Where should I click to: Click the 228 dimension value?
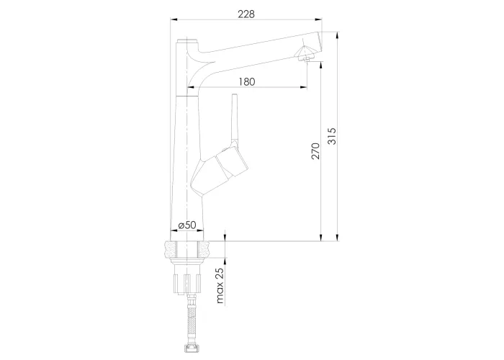tap(246, 14)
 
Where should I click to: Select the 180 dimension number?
tap(247, 82)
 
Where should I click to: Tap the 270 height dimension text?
tap(316, 151)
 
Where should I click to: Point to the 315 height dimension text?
tap(332, 136)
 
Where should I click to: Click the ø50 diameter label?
tap(186, 225)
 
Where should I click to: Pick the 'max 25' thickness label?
tap(220, 286)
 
